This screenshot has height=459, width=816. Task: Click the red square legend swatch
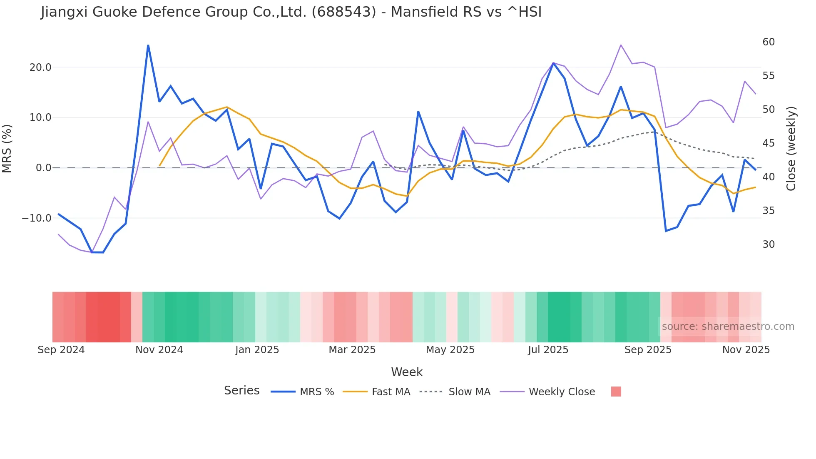pos(616,392)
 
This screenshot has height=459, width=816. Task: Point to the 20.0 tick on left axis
pos(40,67)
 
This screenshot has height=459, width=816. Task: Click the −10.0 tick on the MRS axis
pos(37,218)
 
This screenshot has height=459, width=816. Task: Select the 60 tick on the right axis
pos(769,42)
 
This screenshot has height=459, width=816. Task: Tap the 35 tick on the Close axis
pos(769,211)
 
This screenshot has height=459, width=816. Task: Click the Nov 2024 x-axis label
pos(159,350)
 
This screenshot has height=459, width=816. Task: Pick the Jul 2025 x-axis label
pos(548,350)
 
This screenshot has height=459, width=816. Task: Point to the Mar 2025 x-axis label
pos(352,350)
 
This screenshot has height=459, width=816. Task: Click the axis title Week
pos(407,372)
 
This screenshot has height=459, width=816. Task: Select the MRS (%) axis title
pos(7,148)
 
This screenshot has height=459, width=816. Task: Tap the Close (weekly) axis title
pos(791,148)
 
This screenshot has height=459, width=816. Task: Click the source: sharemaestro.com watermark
pos(728,327)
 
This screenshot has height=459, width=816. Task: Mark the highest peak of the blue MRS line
pos(148,45)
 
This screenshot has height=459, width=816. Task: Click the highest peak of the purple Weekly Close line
pos(621,45)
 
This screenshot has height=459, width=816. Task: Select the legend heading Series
pos(241,391)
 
